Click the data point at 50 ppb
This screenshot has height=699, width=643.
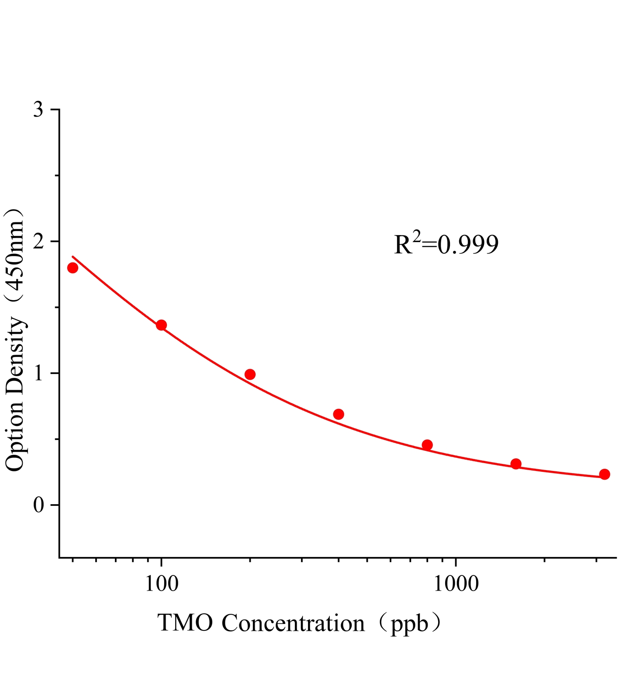click(x=73, y=268)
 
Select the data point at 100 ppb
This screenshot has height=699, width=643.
click(x=161, y=325)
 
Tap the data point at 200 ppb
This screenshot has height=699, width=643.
click(x=250, y=374)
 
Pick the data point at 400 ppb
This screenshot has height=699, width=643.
click(x=339, y=414)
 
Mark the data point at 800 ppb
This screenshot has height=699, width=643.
click(x=427, y=445)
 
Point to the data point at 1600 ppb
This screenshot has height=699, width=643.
click(x=516, y=464)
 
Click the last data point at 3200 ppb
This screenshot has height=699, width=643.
click(x=605, y=474)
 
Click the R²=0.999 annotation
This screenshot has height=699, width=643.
click(x=446, y=244)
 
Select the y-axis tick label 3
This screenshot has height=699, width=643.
click(x=38, y=110)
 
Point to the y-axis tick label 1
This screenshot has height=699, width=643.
click(x=38, y=373)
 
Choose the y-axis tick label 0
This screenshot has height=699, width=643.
click(x=38, y=505)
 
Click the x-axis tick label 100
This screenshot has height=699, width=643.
click(x=162, y=584)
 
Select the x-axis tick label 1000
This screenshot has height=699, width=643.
click(x=456, y=584)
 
